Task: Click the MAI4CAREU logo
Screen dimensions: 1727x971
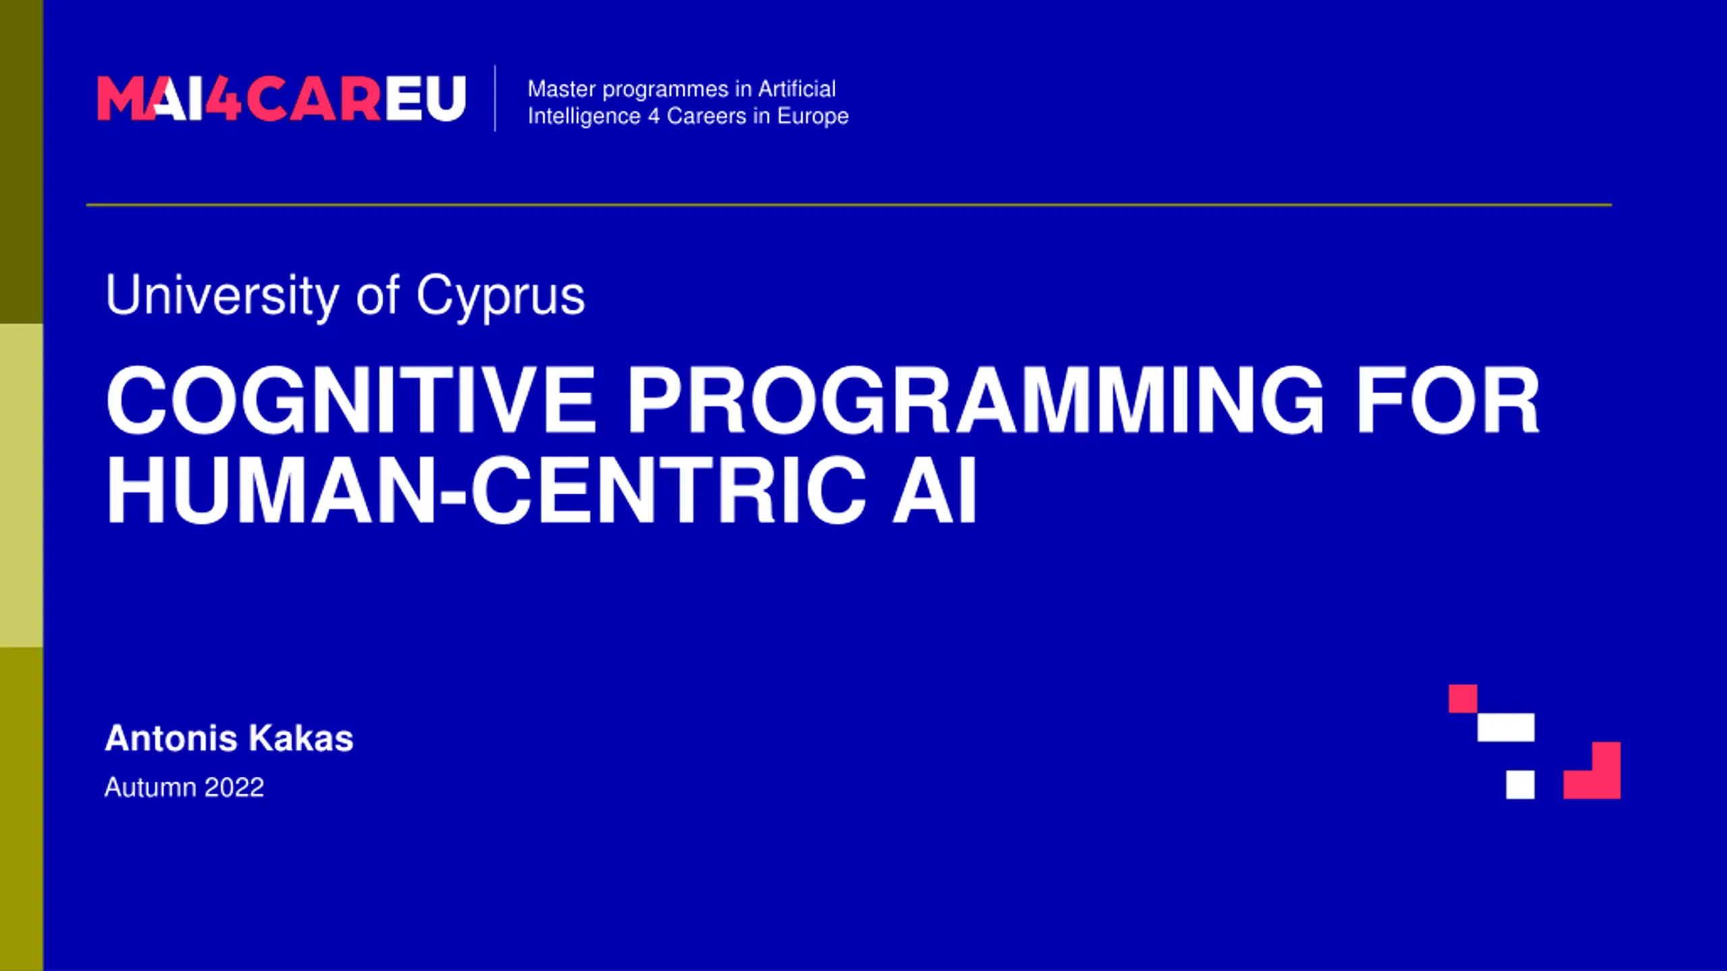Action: pyautogui.click(x=282, y=98)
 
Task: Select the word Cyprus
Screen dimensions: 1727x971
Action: pyautogui.click(x=501, y=297)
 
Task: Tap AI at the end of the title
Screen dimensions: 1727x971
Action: pyautogui.click(x=934, y=490)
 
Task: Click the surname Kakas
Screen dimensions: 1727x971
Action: pyautogui.click(x=301, y=738)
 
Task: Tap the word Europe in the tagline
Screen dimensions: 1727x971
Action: pyautogui.click(x=813, y=117)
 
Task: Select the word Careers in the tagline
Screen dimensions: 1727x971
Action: pyautogui.click(x=706, y=116)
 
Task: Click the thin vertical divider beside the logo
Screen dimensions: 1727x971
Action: pyautogui.click(x=495, y=98)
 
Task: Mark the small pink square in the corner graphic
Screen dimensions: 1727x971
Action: pyautogui.click(x=1463, y=699)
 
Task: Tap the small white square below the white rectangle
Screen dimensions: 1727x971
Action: pyautogui.click(x=1520, y=785)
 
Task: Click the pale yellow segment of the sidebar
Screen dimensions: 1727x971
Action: pyautogui.click(x=22, y=486)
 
